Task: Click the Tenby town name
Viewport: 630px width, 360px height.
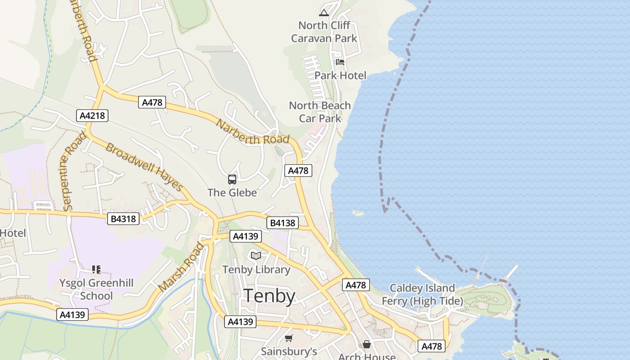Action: click(270, 297)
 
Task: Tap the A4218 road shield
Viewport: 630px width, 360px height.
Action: click(92, 116)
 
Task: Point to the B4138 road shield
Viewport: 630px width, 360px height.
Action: click(283, 223)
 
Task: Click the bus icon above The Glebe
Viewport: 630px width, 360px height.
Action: click(232, 180)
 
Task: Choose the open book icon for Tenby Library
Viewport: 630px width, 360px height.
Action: click(256, 256)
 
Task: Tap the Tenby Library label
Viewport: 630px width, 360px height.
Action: click(256, 270)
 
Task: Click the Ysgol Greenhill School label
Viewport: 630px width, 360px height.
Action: click(96, 289)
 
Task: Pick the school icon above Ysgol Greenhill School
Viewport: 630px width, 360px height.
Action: click(96, 270)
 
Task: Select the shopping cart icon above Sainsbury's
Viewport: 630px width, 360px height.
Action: click(289, 338)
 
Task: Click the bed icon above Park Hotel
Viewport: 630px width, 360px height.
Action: click(340, 62)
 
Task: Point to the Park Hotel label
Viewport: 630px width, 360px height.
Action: click(340, 75)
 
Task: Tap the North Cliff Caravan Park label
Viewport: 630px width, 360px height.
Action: click(324, 32)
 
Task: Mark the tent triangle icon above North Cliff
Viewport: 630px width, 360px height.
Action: click(324, 13)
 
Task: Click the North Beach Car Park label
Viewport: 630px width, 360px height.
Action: click(320, 112)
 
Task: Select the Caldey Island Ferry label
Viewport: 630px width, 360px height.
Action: click(422, 294)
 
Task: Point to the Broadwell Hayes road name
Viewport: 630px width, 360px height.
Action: click(144, 167)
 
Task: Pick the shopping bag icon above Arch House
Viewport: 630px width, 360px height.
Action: click(367, 344)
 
